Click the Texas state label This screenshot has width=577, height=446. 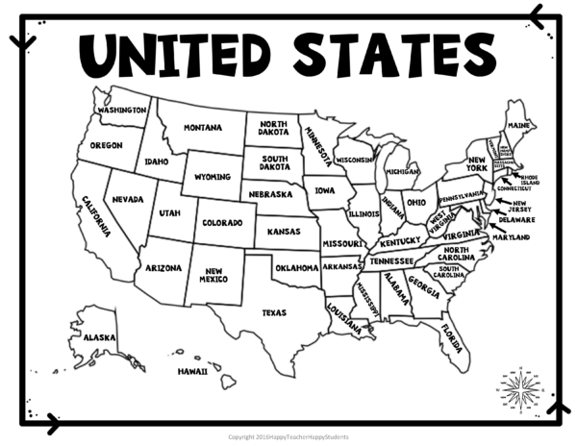(x=274, y=311)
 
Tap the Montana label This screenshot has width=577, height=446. (x=203, y=128)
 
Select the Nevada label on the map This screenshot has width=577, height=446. (x=127, y=199)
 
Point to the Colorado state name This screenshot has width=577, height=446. (x=222, y=223)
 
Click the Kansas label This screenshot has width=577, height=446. (x=283, y=232)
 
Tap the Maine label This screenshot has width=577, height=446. (x=520, y=126)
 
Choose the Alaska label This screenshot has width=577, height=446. (x=99, y=337)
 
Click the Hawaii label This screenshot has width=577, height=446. (x=191, y=370)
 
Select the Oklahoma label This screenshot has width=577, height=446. (x=295, y=268)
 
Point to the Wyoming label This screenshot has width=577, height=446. (x=213, y=178)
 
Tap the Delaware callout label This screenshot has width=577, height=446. (x=516, y=219)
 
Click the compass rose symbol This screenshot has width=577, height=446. (x=520, y=387)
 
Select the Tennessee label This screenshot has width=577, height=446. (x=391, y=261)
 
